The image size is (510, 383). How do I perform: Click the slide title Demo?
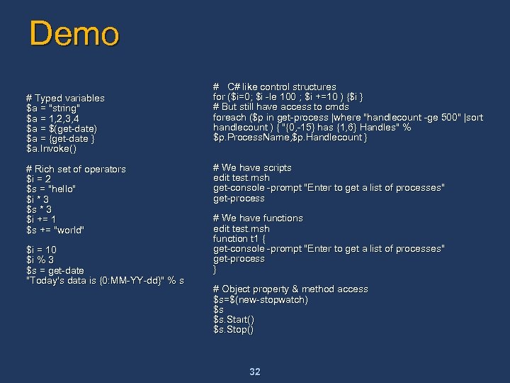click(x=74, y=34)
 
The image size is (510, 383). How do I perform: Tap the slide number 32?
click(x=255, y=372)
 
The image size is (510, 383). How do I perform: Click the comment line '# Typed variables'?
click(x=65, y=98)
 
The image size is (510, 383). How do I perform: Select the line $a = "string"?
click(x=53, y=108)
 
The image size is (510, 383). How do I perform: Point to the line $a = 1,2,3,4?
click(x=53, y=118)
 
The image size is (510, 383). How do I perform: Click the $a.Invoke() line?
click(x=51, y=148)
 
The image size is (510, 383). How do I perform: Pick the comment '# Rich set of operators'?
click(x=76, y=169)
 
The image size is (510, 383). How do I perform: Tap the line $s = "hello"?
click(x=51, y=189)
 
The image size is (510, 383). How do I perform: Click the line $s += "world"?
click(x=55, y=230)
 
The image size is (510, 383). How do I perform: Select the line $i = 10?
click(x=41, y=250)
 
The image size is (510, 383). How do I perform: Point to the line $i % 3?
click(x=40, y=260)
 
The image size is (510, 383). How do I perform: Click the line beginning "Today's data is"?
click(x=105, y=280)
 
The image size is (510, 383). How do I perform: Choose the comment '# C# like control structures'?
click(x=275, y=87)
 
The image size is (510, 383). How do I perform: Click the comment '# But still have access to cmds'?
click(x=281, y=107)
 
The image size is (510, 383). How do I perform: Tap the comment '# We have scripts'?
click(x=252, y=168)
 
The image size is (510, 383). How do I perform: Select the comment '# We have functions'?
click(x=258, y=218)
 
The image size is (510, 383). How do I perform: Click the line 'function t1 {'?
click(x=239, y=239)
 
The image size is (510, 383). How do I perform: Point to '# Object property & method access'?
click(x=290, y=289)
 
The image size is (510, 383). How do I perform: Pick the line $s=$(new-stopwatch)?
click(x=261, y=299)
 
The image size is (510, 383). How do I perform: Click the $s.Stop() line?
click(x=233, y=330)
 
